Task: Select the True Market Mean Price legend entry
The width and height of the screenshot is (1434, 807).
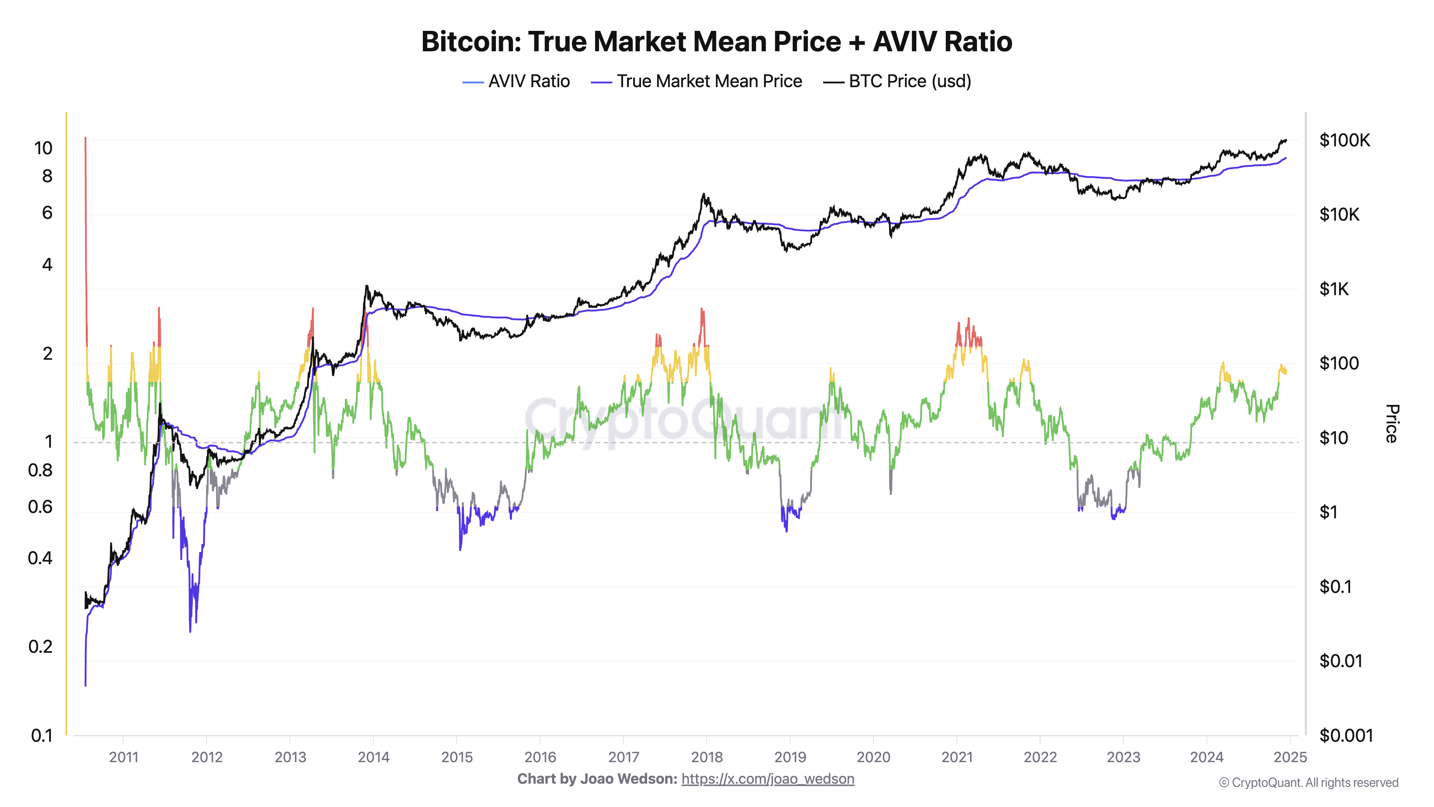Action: (697, 81)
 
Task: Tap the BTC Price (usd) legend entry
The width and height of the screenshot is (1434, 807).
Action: (897, 81)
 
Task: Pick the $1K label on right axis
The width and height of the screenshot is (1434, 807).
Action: (1334, 289)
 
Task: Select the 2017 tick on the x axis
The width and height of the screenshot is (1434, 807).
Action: (623, 757)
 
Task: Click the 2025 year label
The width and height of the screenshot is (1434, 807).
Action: (1290, 757)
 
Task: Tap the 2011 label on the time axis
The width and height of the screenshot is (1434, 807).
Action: (124, 757)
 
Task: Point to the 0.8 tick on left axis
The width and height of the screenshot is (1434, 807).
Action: (40, 470)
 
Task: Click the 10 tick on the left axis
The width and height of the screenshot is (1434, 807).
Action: (43, 148)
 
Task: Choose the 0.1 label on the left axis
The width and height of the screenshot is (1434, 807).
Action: (41, 735)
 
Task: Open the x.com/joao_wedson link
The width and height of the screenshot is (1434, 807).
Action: (768, 779)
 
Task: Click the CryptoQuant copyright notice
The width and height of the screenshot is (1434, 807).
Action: (1308, 783)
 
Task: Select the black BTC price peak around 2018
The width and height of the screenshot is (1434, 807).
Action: (704, 195)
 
